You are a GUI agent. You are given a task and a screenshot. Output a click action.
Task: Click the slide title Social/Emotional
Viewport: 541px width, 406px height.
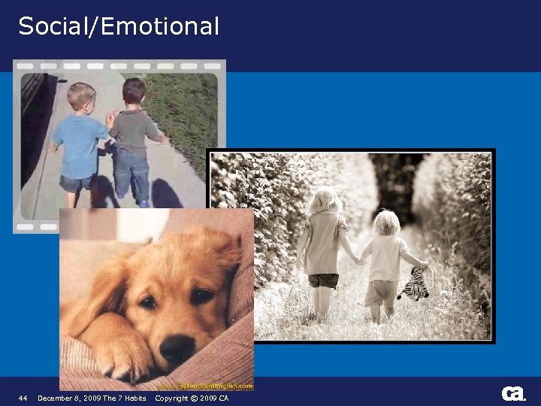pos(119,26)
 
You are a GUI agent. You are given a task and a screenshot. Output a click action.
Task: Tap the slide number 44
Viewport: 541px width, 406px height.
pos(23,398)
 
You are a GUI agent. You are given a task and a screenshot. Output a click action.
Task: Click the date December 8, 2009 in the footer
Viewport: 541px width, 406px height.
pos(69,398)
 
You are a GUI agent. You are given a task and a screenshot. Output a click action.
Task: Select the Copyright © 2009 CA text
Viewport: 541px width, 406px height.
pos(192,398)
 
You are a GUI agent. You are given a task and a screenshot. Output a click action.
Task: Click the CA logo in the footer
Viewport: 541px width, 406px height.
pos(513,394)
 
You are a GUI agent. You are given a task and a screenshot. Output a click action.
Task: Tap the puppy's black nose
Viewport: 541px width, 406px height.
pos(178,347)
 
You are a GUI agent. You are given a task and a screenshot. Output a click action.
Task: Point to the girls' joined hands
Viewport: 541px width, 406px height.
pos(360,261)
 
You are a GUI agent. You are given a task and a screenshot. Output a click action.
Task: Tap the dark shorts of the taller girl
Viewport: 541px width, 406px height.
pos(324,280)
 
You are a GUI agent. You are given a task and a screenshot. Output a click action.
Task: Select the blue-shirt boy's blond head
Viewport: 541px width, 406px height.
pos(80,95)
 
